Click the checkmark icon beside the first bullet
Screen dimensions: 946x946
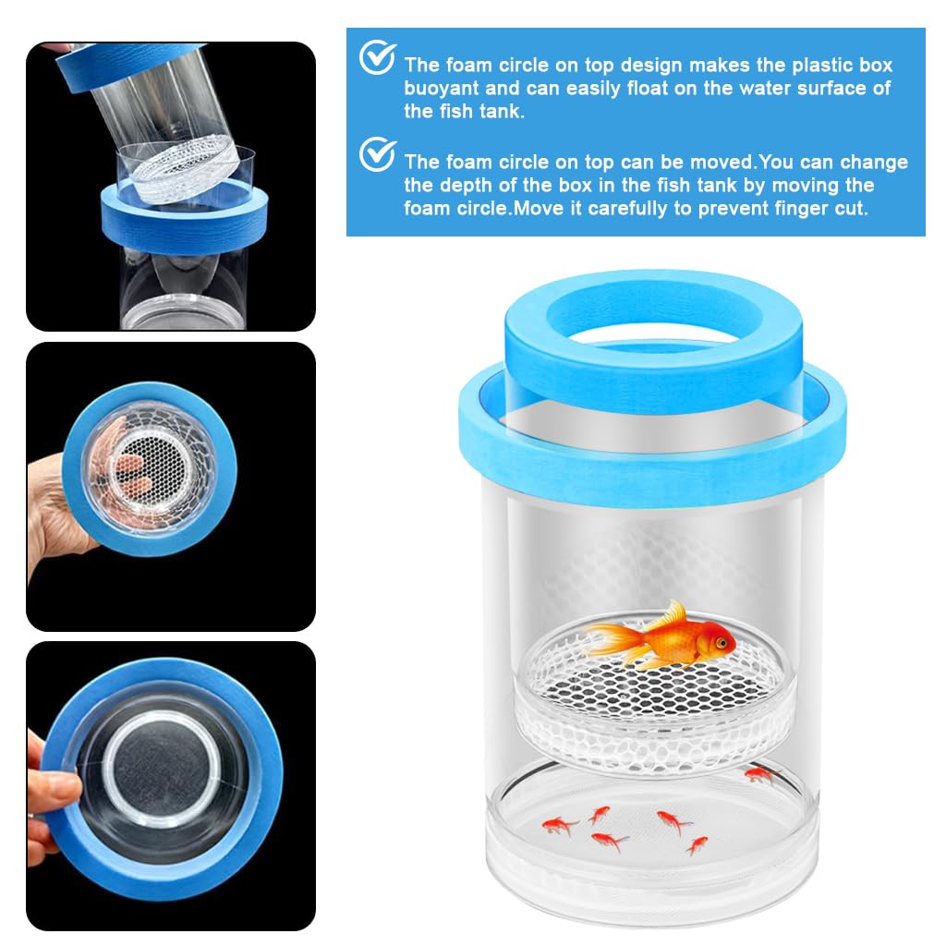tap(377, 58)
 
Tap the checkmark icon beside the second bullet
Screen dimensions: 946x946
tap(377, 154)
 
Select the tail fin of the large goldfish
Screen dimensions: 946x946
tap(606, 638)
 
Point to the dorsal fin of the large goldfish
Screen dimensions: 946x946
tap(672, 614)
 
